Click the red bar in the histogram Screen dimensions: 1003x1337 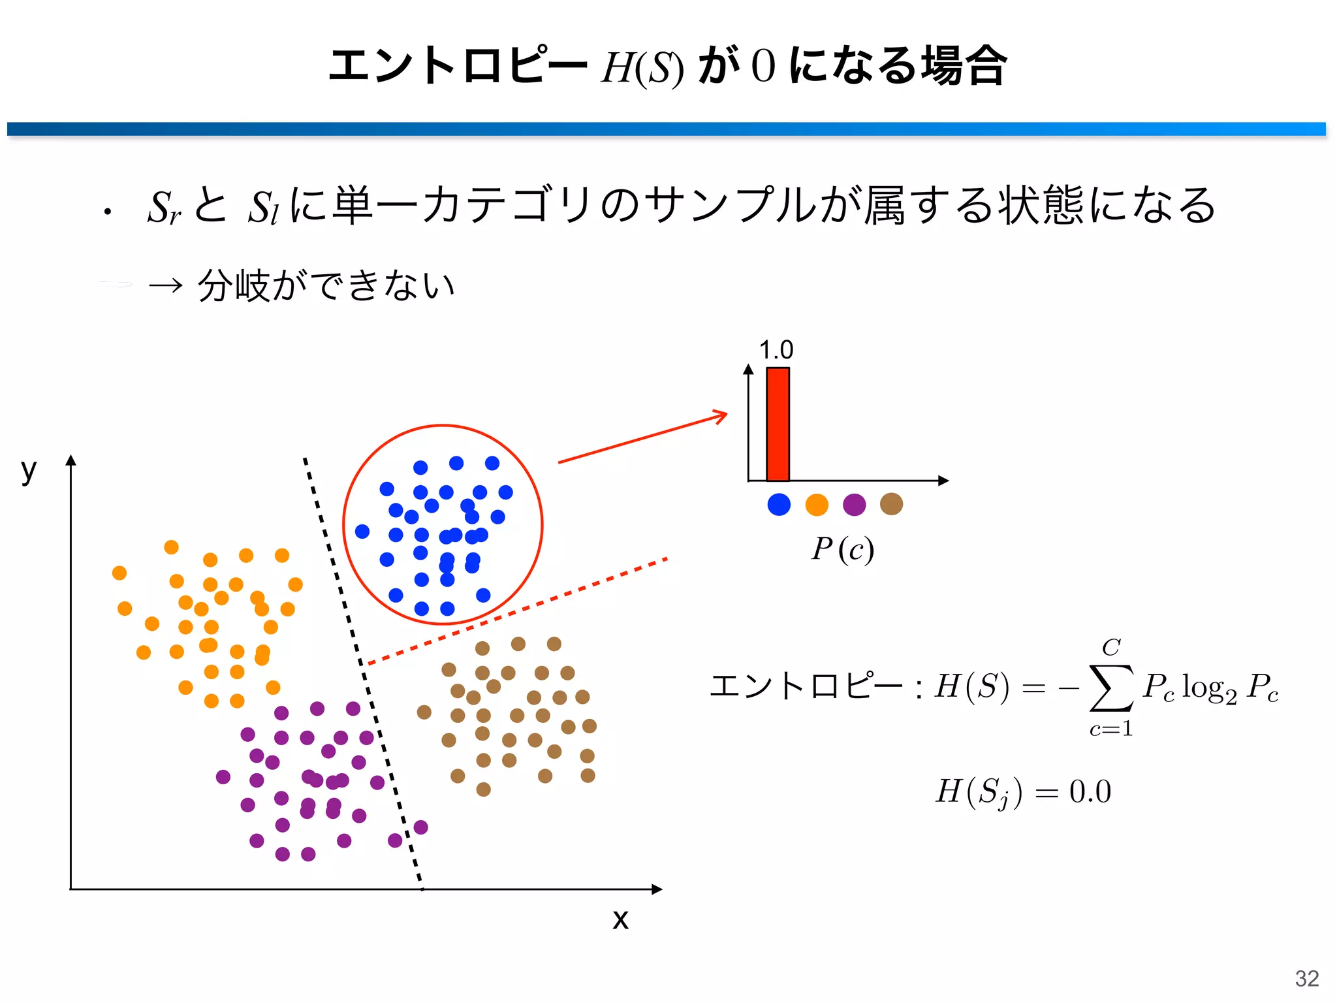click(778, 424)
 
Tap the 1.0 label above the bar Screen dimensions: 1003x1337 click(776, 351)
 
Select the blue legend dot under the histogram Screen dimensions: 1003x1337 click(779, 504)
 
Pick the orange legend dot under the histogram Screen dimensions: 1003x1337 click(817, 504)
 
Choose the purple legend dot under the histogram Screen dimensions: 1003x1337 click(854, 504)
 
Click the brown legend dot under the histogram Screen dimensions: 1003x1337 click(891, 503)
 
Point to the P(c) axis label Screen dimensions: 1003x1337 click(842, 549)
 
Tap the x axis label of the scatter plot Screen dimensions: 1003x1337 click(620, 919)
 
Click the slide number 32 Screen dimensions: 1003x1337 click(1307, 978)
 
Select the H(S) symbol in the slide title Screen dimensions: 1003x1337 click(642, 68)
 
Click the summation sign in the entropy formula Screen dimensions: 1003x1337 click(1110, 687)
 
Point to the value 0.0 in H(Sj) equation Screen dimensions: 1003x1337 click(1090, 791)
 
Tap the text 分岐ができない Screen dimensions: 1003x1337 click(326, 285)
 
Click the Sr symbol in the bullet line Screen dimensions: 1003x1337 click(164, 208)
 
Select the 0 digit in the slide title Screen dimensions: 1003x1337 click(763, 67)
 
